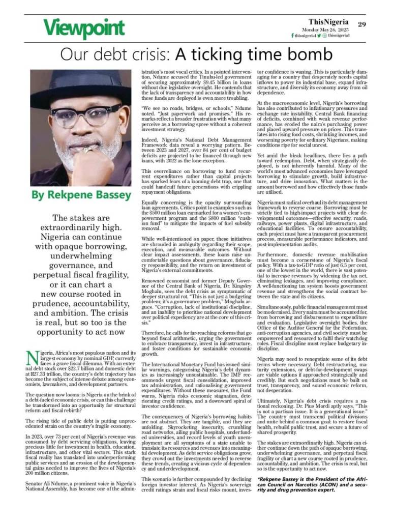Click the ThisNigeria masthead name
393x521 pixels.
[329, 22]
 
